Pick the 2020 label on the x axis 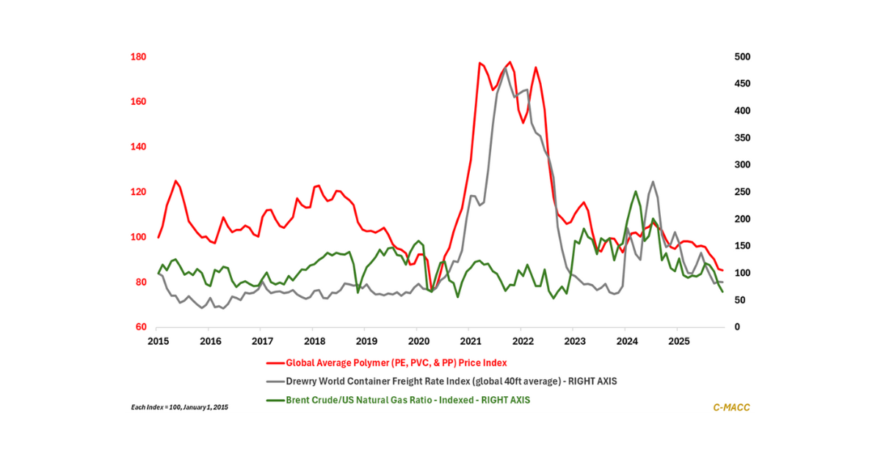(418, 341)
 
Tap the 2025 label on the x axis (679, 341)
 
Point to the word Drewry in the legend (302, 381)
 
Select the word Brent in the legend (299, 401)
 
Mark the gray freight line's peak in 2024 (653, 182)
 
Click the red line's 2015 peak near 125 (175, 180)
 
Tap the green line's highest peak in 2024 (636, 191)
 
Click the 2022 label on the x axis (523, 341)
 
